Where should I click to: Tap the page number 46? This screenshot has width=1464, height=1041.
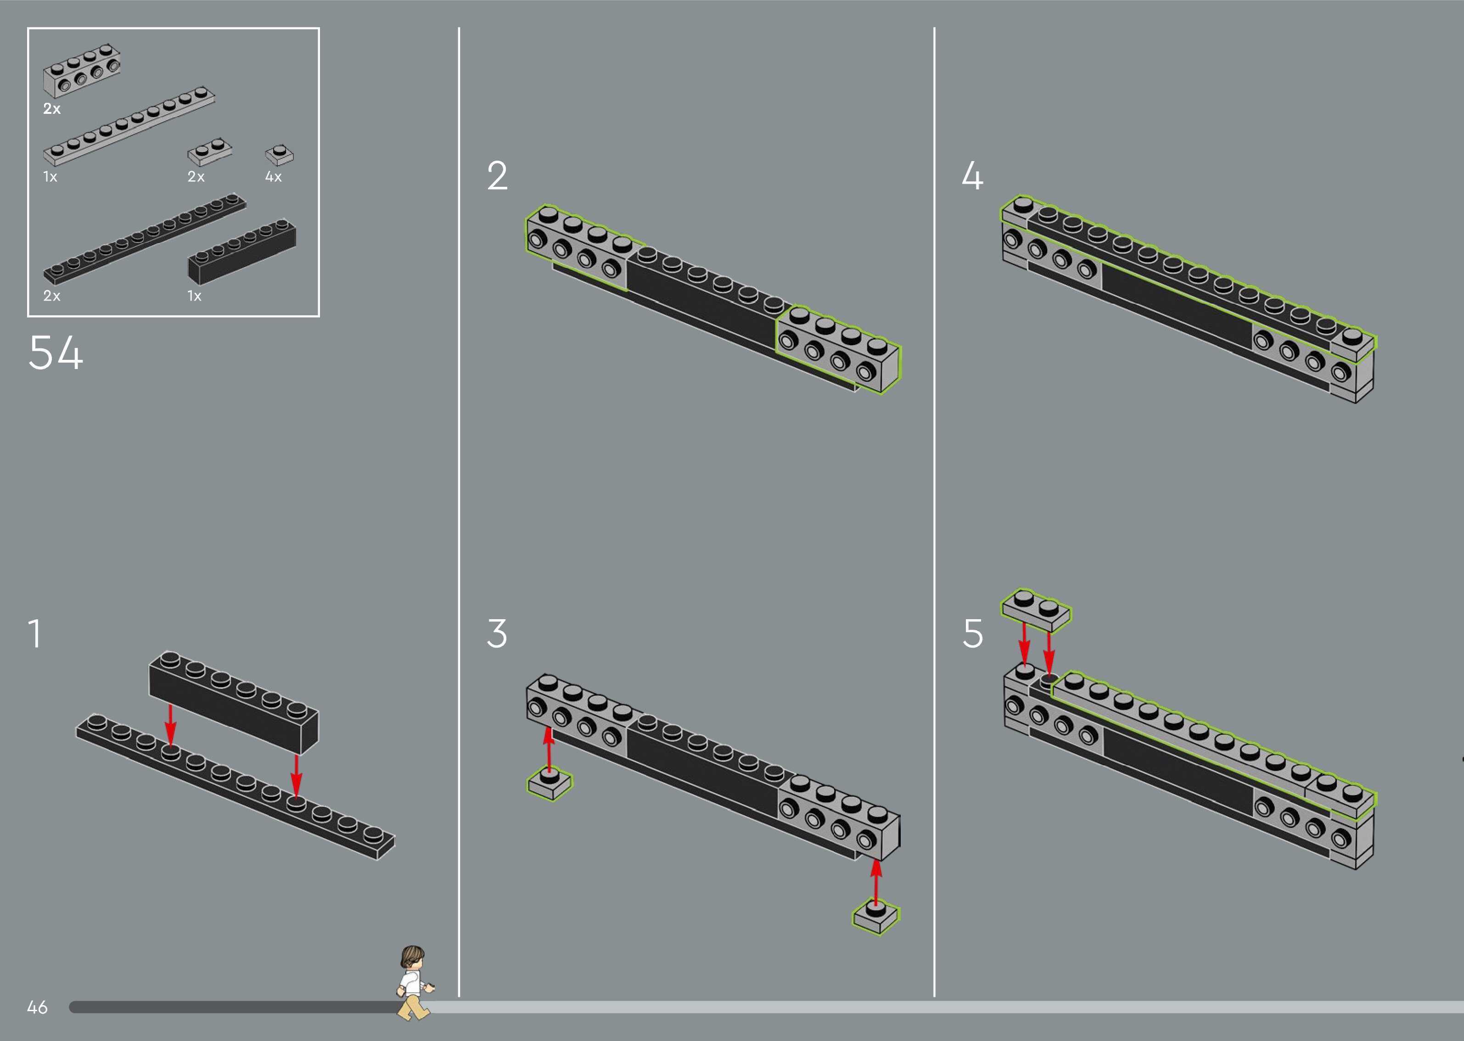click(37, 1007)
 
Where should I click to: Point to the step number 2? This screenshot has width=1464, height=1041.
click(497, 176)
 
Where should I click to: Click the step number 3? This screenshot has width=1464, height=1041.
click(497, 633)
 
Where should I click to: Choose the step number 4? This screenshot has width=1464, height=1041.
click(972, 176)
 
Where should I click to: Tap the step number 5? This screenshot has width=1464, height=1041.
click(972, 633)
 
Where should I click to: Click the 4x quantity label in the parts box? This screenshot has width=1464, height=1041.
click(274, 177)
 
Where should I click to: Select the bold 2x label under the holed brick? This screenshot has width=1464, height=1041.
click(52, 109)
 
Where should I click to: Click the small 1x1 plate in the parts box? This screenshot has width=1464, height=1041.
click(280, 155)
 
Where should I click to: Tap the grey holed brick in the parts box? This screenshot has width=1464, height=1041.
click(81, 69)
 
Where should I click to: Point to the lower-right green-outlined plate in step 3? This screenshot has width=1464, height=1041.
click(875, 917)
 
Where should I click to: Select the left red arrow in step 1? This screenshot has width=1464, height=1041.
click(170, 724)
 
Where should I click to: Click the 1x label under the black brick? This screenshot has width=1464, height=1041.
click(194, 296)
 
